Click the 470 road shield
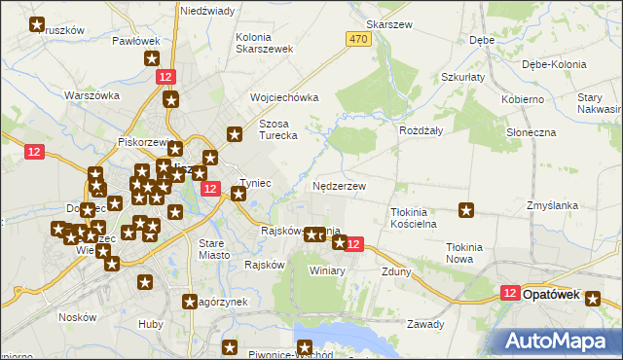tap(357, 38)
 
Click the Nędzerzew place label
tap(341, 186)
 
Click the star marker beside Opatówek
tap(593, 301)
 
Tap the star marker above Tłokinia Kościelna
tap(467, 209)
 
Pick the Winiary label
tap(327, 270)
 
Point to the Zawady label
tap(425, 324)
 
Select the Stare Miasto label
tap(213, 248)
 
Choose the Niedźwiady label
tap(207, 11)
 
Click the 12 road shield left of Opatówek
tap(512, 292)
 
